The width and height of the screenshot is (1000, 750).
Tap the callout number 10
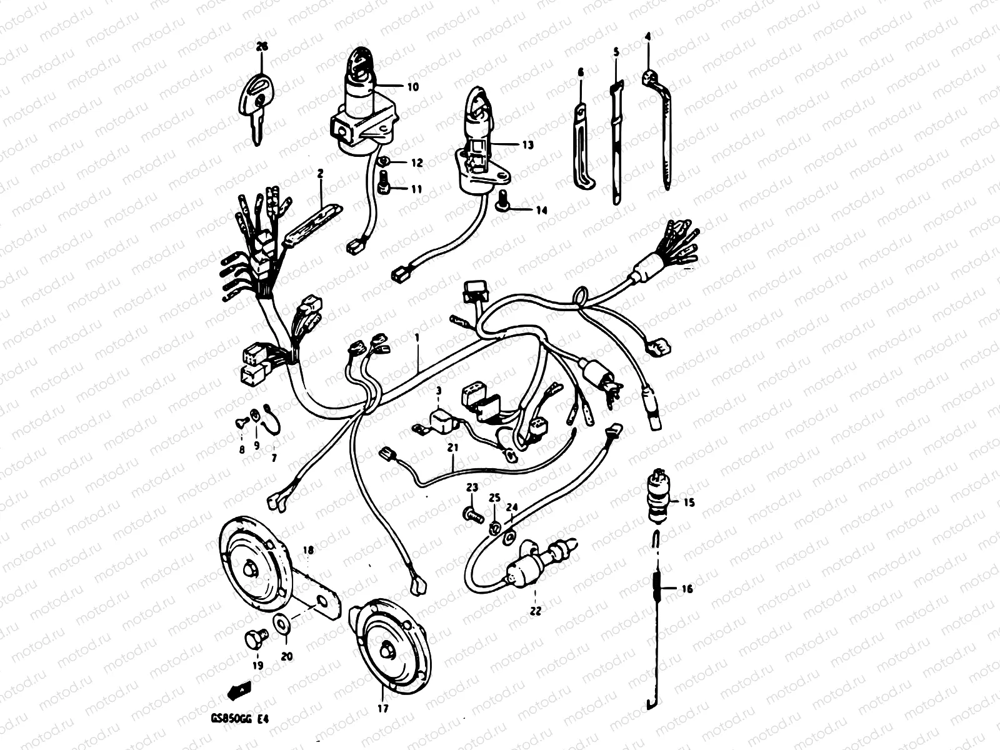tap(412, 87)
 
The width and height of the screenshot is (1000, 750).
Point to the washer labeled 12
tap(386, 162)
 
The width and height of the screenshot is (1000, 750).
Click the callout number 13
tap(528, 145)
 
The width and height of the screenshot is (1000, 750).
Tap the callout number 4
tap(647, 37)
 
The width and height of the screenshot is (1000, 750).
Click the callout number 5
tap(616, 52)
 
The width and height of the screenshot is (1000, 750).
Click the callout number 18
tap(308, 551)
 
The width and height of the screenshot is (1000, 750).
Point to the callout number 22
tap(536, 611)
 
